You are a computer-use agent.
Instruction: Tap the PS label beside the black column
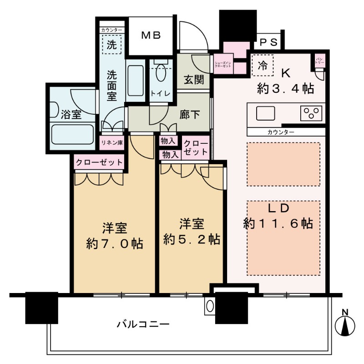pos(269,42)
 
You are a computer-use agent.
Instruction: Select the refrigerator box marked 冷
pos(263,65)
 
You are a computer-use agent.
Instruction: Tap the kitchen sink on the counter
pos(263,112)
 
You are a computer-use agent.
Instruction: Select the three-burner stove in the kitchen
pos(311,112)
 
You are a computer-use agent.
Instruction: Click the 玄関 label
pos(193,80)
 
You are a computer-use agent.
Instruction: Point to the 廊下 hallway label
pos(190,114)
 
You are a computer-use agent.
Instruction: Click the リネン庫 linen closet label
pos(112,142)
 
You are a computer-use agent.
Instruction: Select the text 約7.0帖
pos(115,244)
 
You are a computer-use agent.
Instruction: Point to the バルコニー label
pos(143,324)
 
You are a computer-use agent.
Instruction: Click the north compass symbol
pos(345,324)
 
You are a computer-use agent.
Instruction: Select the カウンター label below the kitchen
pos(280,132)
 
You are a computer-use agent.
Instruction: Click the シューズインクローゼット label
pos(223,64)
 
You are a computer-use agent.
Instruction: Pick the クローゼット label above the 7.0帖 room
pos(99,162)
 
